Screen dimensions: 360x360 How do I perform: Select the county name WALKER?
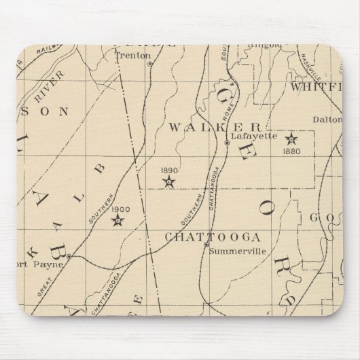click(215, 127)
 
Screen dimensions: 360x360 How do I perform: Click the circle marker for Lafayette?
click(227, 143)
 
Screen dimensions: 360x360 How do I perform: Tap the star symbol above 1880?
click(291, 139)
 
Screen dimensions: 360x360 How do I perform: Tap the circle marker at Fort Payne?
click(68, 257)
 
